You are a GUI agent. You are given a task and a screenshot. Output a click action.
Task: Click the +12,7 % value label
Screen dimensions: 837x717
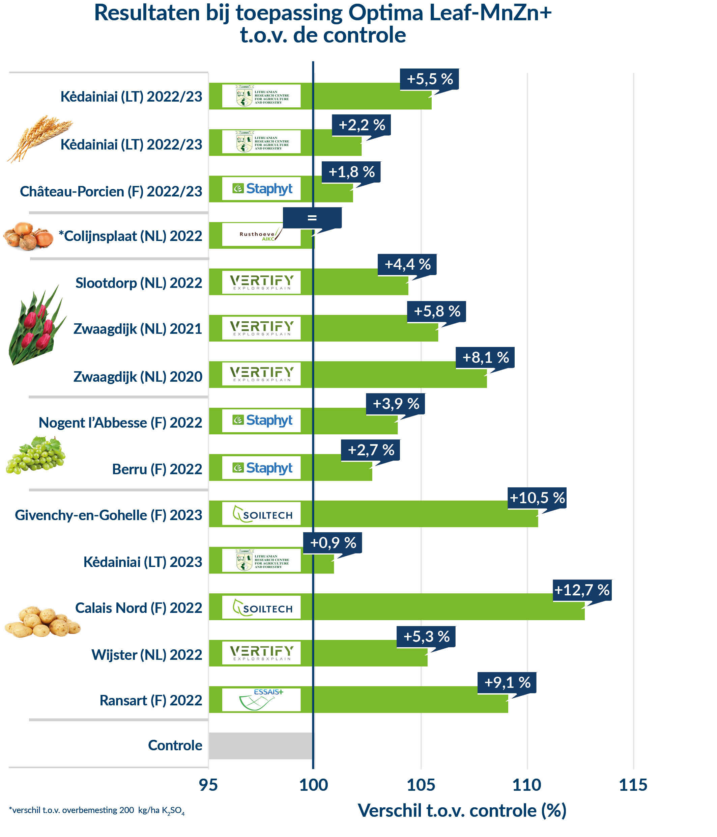click(x=582, y=590)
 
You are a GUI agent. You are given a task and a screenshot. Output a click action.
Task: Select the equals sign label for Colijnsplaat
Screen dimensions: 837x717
click(x=312, y=218)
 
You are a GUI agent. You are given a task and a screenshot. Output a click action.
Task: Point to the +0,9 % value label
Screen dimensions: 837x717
click(x=333, y=542)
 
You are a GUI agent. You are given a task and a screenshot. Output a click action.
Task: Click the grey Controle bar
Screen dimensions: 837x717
click(x=260, y=745)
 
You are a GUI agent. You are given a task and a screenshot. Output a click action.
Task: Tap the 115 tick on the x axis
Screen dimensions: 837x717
click(x=633, y=784)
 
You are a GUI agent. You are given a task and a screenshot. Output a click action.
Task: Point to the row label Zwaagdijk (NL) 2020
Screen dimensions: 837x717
click(x=138, y=377)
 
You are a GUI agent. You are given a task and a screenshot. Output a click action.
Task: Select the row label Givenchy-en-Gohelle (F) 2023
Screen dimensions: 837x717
click(x=109, y=515)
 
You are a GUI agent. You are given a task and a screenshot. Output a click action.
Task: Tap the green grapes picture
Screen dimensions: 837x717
click(x=35, y=455)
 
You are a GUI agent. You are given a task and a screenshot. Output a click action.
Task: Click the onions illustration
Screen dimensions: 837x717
click(x=28, y=236)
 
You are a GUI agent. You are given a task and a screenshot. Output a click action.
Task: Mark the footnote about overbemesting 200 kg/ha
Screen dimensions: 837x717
click(x=96, y=810)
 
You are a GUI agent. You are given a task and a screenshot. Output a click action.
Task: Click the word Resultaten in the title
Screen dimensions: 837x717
click(x=147, y=13)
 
